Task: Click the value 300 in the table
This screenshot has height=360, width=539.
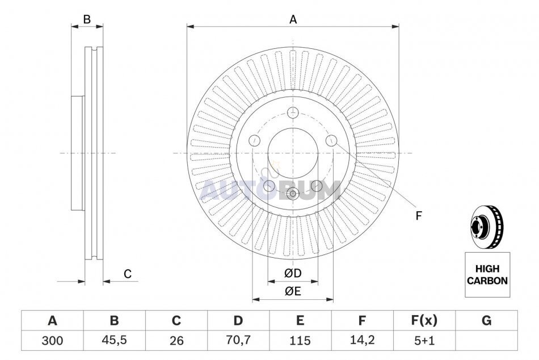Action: pyautogui.click(x=52, y=341)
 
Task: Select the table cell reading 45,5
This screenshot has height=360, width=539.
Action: pyautogui.click(x=114, y=340)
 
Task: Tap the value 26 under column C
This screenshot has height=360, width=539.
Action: pyautogui.click(x=176, y=341)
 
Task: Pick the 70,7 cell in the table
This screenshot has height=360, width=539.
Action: pyautogui.click(x=238, y=340)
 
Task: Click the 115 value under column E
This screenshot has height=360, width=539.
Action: pyautogui.click(x=300, y=341)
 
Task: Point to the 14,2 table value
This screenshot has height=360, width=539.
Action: pyautogui.click(x=362, y=340)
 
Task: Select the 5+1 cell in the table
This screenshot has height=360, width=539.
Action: pyautogui.click(x=424, y=340)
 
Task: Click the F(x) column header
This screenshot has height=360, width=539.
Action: pyautogui.click(x=424, y=320)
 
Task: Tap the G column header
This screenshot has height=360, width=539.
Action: pyautogui.click(x=486, y=320)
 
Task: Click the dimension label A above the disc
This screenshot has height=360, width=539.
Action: pyautogui.click(x=293, y=20)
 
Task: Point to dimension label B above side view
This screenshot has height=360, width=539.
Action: pyautogui.click(x=87, y=19)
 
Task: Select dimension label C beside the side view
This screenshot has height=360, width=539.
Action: pyautogui.click(x=128, y=274)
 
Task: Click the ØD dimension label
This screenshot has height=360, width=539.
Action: pyautogui.click(x=293, y=273)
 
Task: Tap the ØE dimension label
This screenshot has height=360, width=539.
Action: pyautogui.click(x=293, y=291)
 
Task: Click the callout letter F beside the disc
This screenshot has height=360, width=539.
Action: pyautogui.click(x=418, y=216)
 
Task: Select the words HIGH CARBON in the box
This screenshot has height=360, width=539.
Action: pyautogui.click(x=487, y=275)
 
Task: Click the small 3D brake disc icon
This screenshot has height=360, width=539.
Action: pyautogui.click(x=486, y=228)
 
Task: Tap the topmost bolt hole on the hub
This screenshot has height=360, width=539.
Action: pyautogui.click(x=293, y=112)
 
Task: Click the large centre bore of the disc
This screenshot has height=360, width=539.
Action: pyautogui.click(x=293, y=153)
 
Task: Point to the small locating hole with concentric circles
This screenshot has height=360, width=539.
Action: pyautogui.click(x=293, y=194)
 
